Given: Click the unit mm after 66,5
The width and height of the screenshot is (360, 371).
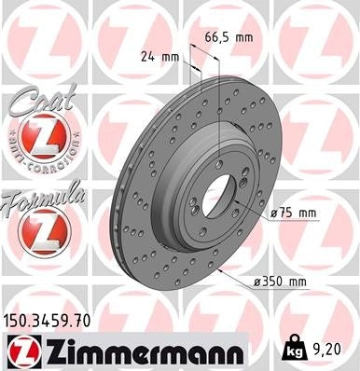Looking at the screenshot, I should [x=244, y=37].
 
